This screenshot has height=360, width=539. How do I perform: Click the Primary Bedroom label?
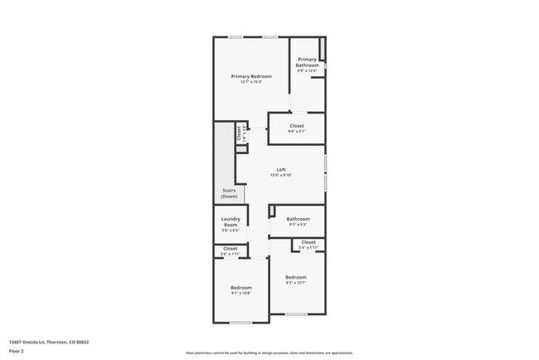(x=250, y=76)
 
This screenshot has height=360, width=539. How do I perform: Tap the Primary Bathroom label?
(x=308, y=62)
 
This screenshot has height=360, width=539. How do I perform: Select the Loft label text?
(x=281, y=170)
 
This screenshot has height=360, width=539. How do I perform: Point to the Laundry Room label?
(x=230, y=221)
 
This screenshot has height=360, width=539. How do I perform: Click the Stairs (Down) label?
(x=230, y=193)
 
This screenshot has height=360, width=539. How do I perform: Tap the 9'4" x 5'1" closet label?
(x=297, y=126)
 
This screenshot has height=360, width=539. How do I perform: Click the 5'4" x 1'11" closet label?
(x=308, y=242)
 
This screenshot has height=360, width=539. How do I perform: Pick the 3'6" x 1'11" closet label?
(x=230, y=249)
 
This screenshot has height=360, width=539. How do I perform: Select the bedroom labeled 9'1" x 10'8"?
(x=240, y=288)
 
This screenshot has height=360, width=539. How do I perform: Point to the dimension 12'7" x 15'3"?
(x=250, y=82)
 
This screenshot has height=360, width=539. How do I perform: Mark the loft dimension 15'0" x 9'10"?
(x=281, y=176)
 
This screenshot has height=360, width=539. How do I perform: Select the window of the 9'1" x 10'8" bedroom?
(x=240, y=322)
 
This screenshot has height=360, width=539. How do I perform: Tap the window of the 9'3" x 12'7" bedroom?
(x=296, y=314)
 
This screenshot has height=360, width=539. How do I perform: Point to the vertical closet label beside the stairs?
(x=238, y=131)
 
